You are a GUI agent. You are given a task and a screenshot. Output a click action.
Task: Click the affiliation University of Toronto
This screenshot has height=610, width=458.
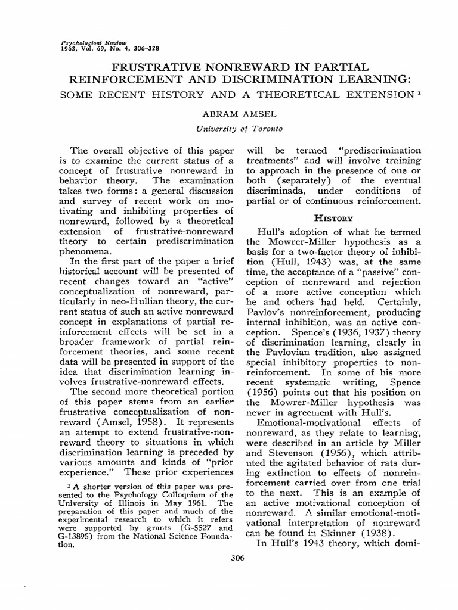[231, 128]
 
